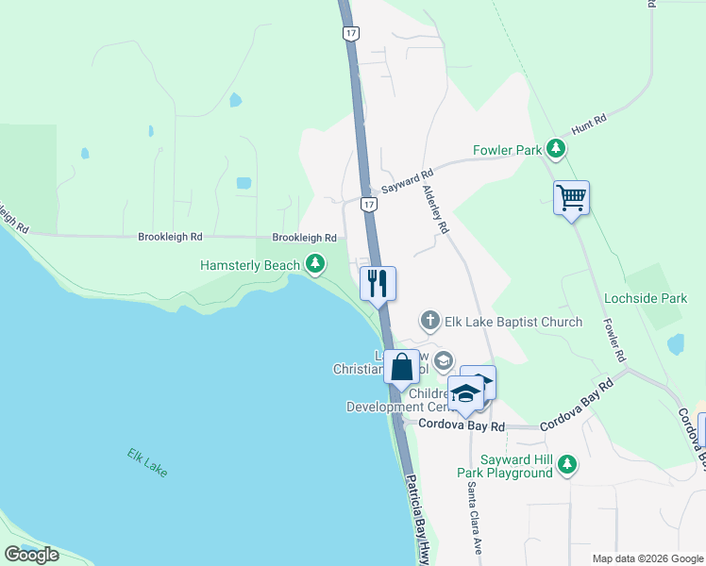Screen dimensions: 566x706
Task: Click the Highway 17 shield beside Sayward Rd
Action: (x=369, y=205)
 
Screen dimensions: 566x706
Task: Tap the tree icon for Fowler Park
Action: (x=556, y=149)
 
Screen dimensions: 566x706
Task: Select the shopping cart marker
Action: (x=571, y=199)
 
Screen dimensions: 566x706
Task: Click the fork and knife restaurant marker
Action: (x=378, y=284)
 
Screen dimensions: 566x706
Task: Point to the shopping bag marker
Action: (x=401, y=368)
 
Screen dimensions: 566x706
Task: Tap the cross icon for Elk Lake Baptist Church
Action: (x=430, y=321)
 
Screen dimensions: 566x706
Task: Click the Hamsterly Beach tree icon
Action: (x=315, y=266)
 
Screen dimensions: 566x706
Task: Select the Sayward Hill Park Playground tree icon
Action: (x=566, y=463)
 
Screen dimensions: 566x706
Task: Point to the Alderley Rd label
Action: (x=436, y=209)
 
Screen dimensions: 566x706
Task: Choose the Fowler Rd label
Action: (x=615, y=341)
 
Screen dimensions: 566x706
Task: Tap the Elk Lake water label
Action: (x=148, y=461)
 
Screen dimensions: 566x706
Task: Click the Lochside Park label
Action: (x=647, y=298)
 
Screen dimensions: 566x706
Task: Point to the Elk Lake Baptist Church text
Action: (x=513, y=322)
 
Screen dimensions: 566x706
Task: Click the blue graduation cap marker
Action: (x=465, y=392)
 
